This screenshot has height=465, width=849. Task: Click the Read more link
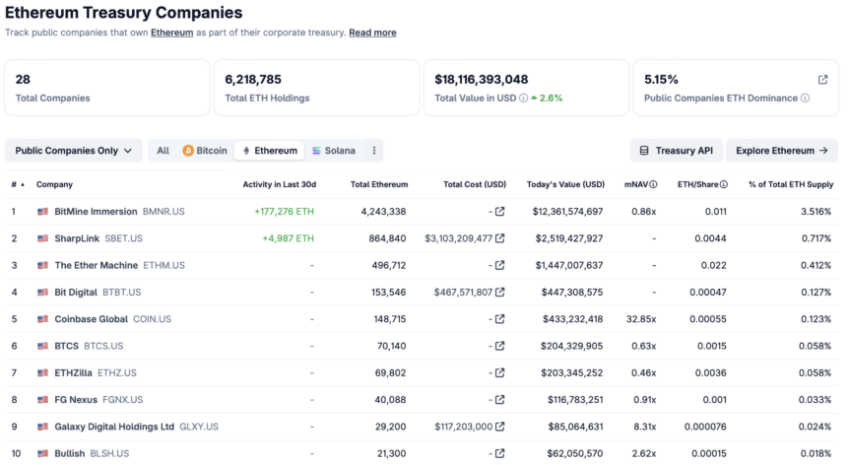coord(372,33)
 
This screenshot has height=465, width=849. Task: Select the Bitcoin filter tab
coord(204,151)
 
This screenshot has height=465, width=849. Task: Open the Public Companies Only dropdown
coord(74,151)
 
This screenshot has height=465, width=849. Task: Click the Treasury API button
coord(676,151)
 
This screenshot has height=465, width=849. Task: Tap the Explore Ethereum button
coord(782,151)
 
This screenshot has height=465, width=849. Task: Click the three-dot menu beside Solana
coord(373,151)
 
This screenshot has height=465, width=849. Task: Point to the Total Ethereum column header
coord(379,184)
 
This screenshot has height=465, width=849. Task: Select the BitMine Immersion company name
coord(96,212)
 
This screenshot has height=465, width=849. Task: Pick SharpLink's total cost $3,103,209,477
coord(458,238)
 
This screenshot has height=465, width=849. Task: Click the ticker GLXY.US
coord(199,427)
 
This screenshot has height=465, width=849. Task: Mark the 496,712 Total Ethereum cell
coord(385,265)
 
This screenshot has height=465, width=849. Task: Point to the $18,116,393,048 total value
coord(482,79)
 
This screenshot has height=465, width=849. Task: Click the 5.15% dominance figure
coord(661,79)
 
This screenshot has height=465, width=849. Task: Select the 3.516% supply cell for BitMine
coord(814,212)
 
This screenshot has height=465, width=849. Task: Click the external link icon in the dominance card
coord(822,79)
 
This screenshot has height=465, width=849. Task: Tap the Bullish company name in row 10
coord(70,453)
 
